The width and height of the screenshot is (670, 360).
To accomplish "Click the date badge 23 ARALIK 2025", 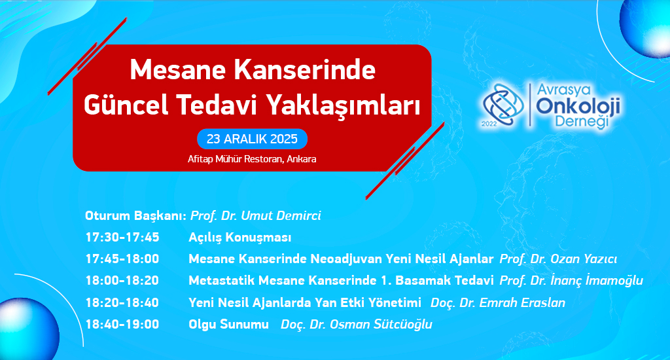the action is coord(252,139).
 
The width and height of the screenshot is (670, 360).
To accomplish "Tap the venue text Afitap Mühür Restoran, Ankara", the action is coord(252,159).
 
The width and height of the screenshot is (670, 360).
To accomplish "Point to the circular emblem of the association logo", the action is coord(503,105).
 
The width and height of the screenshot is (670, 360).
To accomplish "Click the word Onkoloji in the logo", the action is coord(578,106).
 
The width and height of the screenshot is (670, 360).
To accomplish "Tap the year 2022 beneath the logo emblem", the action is coord(489,124).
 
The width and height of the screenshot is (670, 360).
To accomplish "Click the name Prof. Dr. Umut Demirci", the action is coord(256,215).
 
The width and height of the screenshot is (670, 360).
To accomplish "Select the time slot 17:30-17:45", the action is coord(122,238).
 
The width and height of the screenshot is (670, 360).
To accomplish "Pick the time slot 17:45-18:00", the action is coord(122,259).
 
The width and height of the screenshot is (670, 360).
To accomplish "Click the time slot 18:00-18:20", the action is coord(122,281).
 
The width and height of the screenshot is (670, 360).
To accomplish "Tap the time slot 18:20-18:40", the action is coord(122,302).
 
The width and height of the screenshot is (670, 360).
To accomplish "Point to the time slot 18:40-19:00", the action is coord(122,324).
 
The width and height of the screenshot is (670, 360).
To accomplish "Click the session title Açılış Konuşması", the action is coord(239,238).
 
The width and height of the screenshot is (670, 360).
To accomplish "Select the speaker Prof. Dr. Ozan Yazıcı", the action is coord(558,259).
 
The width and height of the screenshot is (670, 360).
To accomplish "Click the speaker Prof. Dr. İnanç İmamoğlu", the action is coord(571,281).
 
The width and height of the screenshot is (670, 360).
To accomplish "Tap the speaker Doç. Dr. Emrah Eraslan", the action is coord(498,302).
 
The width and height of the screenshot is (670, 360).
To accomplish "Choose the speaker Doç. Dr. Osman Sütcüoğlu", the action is coord(357,324).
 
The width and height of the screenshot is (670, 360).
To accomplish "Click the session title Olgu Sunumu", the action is coord(228,325).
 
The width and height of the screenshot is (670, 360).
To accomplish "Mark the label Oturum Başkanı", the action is coord(136,216).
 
